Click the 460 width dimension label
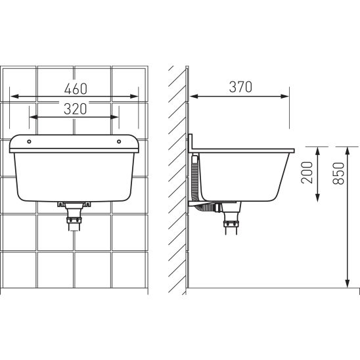76,89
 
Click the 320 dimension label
76,109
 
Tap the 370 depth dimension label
240,87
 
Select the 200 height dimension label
307,172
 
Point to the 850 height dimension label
338,173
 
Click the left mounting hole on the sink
29,141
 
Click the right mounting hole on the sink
119,141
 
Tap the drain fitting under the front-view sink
74,216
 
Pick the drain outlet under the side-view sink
231,218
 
